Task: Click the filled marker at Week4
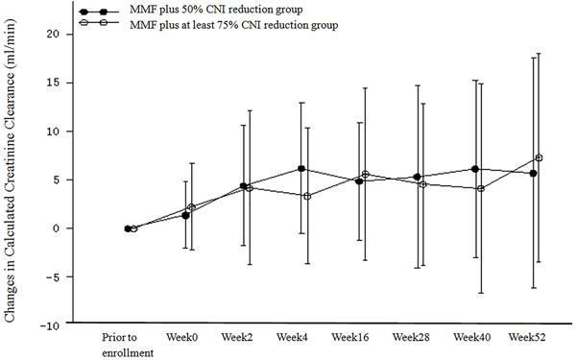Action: coord(301,169)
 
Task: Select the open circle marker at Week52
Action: coord(539,157)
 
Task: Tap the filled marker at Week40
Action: coord(475,169)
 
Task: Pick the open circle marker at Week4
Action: coord(307,196)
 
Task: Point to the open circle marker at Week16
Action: coord(365,174)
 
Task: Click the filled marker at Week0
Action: coord(185,215)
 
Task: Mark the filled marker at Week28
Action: coord(417,177)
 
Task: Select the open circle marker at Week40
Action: coord(481,189)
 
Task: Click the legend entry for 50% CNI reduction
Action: coord(191,10)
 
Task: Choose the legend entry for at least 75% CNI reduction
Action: coord(208,25)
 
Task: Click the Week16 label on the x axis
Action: coord(350,337)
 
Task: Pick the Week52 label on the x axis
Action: coord(527,337)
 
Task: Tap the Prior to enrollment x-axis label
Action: coord(128,345)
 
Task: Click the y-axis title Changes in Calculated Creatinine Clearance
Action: coord(10,171)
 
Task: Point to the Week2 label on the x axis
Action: coord(237,337)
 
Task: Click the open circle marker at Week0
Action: coord(191,207)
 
